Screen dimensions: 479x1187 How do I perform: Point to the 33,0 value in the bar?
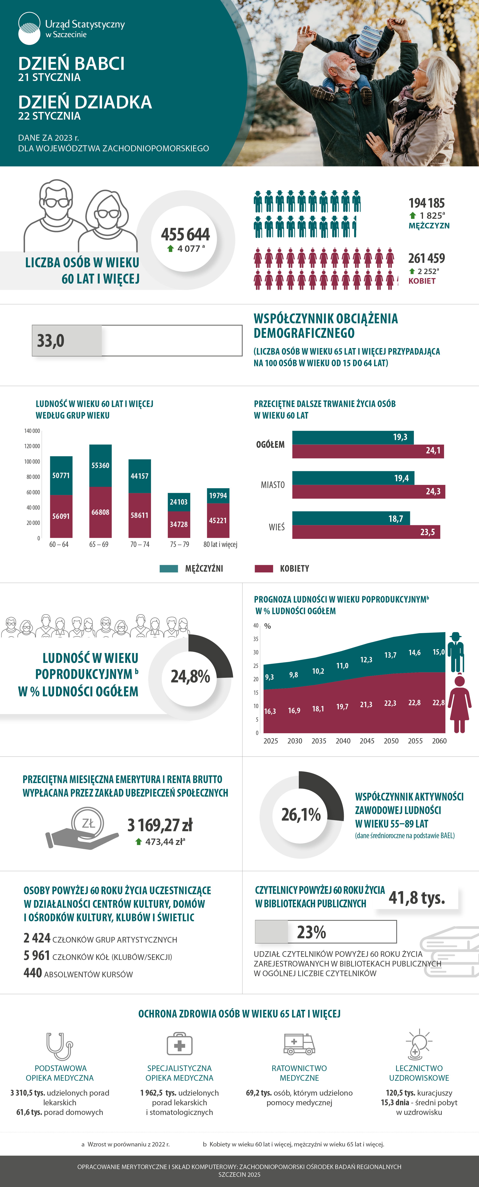click(x=51, y=341)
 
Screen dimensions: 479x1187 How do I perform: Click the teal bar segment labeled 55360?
click(x=100, y=465)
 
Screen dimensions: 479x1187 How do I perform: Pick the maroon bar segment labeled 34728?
click(x=179, y=524)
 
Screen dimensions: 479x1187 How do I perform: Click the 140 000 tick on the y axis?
click(x=32, y=431)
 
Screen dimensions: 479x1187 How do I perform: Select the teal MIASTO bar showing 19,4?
click(x=353, y=478)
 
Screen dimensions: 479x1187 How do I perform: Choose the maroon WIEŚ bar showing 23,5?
click(x=366, y=532)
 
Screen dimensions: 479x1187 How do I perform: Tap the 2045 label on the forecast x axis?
click(x=367, y=741)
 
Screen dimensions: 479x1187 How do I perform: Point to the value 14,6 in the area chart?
click(x=414, y=652)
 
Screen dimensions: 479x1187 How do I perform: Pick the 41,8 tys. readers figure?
click(x=417, y=898)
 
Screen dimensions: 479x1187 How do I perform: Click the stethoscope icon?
click(x=59, y=1046)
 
